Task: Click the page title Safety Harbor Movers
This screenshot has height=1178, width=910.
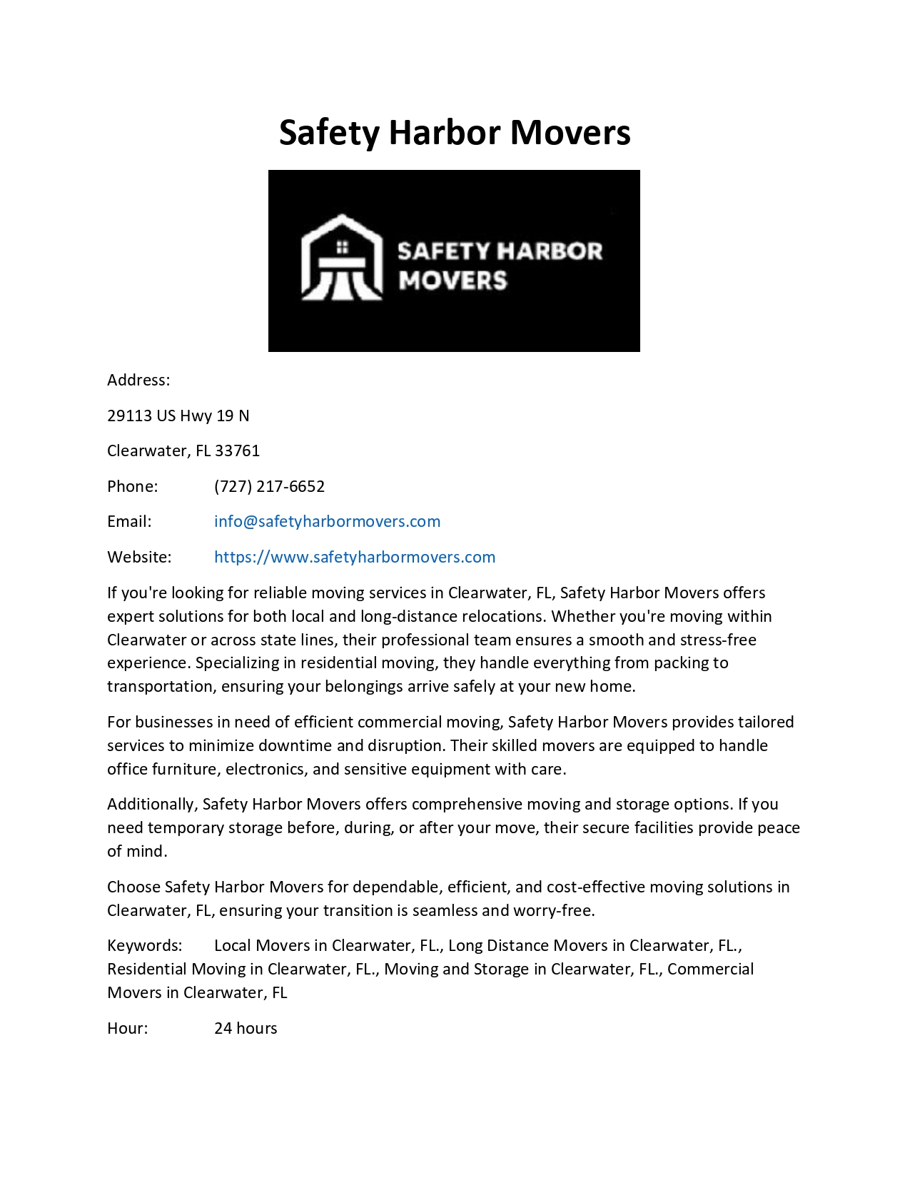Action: click(x=455, y=133)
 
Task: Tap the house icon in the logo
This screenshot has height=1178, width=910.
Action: click(x=342, y=258)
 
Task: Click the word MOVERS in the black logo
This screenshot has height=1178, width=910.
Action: click(x=453, y=280)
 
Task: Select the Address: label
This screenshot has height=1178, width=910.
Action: click(x=138, y=380)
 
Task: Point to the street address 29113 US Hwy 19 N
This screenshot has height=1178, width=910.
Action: click(x=178, y=416)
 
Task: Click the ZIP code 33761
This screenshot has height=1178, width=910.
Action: click(x=238, y=450)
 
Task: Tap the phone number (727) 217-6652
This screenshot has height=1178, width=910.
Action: click(x=269, y=486)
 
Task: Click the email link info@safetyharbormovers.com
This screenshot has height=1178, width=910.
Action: click(x=327, y=521)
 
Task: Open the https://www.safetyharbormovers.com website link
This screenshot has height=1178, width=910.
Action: click(x=355, y=557)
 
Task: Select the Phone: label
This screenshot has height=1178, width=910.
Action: click(x=133, y=486)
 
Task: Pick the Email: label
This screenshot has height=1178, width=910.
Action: click(x=129, y=521)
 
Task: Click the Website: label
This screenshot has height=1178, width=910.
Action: click(x=139, y=557)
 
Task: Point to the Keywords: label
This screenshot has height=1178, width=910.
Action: click(x=145, y=945)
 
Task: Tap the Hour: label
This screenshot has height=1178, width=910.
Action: click(x=128, y=1028)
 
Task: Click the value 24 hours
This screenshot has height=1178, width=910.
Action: click(x=246, y=1028)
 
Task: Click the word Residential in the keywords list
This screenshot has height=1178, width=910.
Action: click(x=146, y=969)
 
